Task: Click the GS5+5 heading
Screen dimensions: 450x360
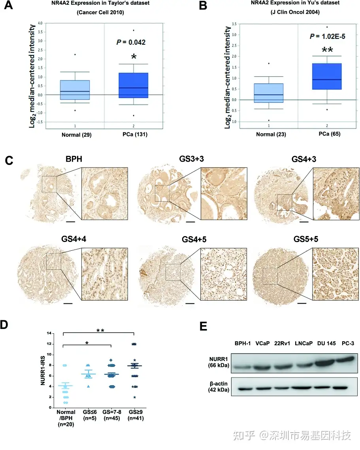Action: point(305,240)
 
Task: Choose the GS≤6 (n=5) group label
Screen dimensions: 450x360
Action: point(89,415)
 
